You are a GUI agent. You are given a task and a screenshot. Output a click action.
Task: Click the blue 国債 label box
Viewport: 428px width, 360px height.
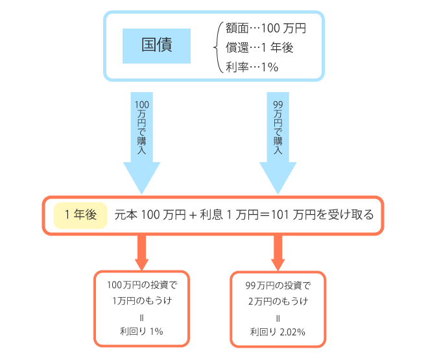(157, 47)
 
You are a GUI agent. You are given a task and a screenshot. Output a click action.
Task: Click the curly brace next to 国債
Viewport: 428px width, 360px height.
(215, 47)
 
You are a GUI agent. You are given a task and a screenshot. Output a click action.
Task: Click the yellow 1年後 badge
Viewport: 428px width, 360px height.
(80, 214)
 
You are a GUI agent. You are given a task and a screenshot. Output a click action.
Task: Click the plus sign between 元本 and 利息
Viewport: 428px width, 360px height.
(193, 215)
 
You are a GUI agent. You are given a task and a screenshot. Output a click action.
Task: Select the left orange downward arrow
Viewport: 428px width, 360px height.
(141, 252)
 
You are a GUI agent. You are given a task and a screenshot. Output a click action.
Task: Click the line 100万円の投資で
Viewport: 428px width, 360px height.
(141, 285)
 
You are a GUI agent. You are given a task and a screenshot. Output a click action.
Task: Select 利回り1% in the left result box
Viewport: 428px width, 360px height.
(141, 331)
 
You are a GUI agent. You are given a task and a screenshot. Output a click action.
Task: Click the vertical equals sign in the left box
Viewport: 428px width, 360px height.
(141, 316)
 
